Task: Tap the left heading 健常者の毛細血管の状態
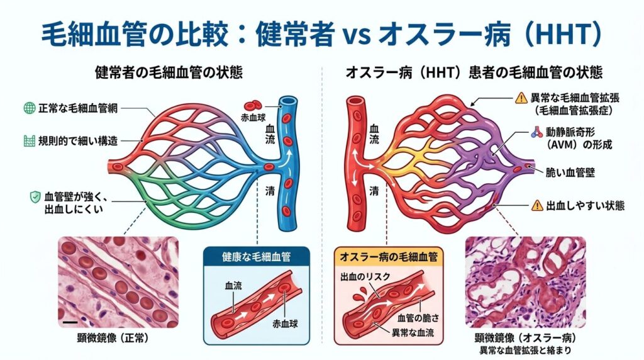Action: pos(169,72)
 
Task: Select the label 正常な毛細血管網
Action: pos(78,108)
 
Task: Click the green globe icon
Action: pos(29,108)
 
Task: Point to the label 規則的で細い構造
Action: pos(78,141)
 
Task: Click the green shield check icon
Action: pos(35,197)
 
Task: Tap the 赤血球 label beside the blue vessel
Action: pos(253,118)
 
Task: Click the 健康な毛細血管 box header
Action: pos(257,257)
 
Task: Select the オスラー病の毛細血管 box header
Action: pos(389,257)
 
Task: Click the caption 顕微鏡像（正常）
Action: pos(113,338)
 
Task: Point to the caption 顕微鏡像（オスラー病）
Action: pos(525,338)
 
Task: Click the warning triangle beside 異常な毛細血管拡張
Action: pos(521,98)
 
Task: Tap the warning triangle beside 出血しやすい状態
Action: pos(537,205)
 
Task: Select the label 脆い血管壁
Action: pos(570,172)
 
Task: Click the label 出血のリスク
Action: pos(365,276)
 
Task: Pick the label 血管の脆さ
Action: pos(418,318)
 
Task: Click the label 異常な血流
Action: pos(413,332)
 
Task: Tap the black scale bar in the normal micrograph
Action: pos(70,322)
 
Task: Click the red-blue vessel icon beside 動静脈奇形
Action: pos(536,132)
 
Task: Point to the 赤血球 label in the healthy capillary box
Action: pos(285,323)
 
